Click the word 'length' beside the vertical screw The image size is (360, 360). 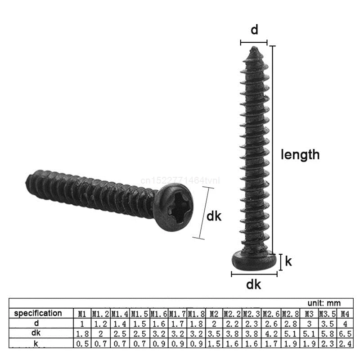pos(300,154)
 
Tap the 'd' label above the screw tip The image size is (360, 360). pos(254,30)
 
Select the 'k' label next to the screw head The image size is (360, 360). pos(288,261)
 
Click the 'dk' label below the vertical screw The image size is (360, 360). pos(254,284)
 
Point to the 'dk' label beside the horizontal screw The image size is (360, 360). pos(214,216)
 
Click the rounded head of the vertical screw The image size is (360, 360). pos(254,261)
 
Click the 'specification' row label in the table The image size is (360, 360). pos(38,313)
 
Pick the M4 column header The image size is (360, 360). pos(344,313)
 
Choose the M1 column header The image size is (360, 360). pos(82,313)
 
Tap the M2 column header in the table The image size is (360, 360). pos(214,313)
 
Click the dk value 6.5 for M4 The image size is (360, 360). pos(344,333)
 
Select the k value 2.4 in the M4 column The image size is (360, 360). pos(344,344)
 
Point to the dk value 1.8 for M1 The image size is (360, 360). pos(82,333)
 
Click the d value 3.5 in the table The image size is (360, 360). pos(327,323)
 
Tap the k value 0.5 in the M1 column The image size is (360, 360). pos(82,344)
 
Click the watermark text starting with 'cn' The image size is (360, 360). pos(180,180)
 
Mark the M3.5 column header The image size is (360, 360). pos(327,313)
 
